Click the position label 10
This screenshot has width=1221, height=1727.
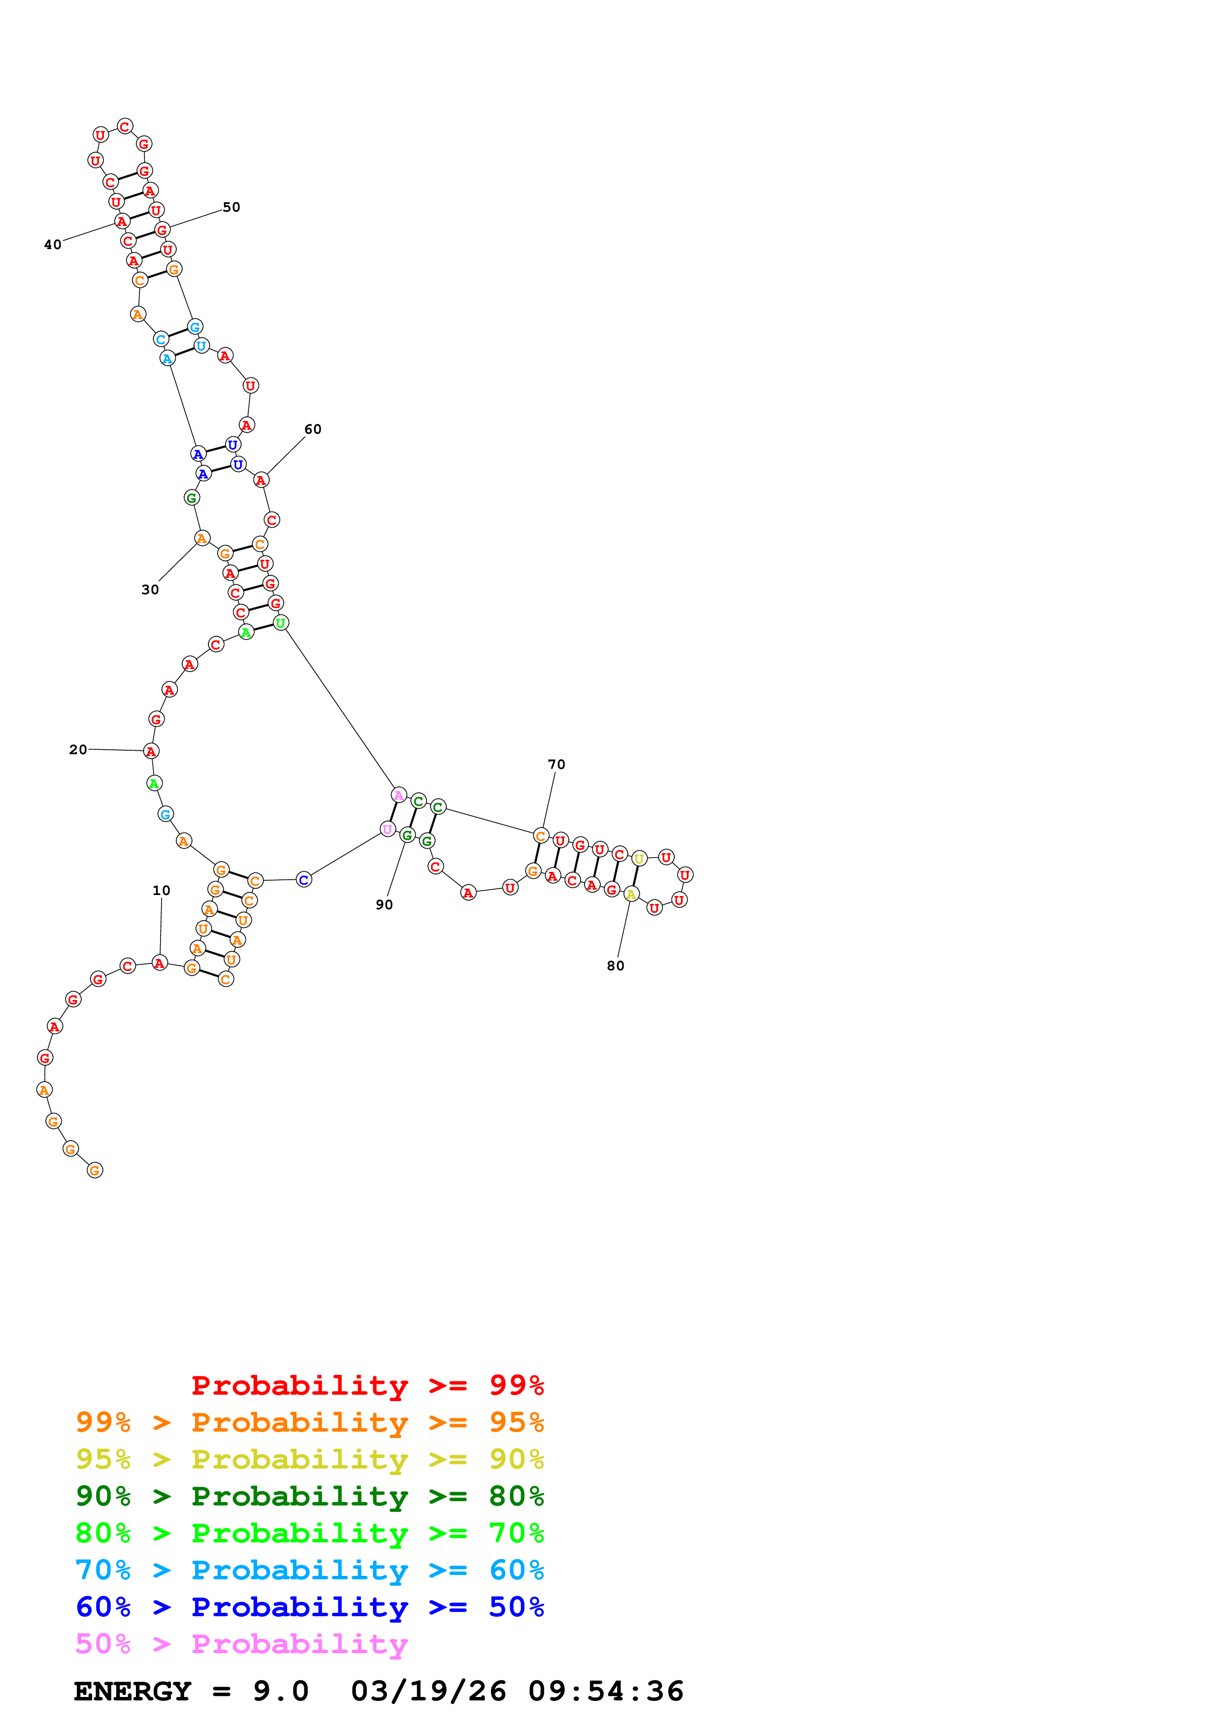pyautogui.click(x=161, y=891)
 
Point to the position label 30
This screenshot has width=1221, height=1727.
pyautogui.click(x=150, y=590)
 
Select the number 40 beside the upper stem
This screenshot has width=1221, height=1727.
pyautogui.click(x=53, y=245)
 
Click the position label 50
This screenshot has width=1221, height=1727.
pyautogui.click(x=231, y=208)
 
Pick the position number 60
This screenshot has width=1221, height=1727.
pyautogui.click(x=313, y=429)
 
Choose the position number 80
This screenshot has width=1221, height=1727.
pyautogui.click(x=615, y=966)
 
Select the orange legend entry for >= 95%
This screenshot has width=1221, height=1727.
pyautogui.click(x=310, y=1422)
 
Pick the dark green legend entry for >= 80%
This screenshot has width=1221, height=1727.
pyautogui.click(x=310, y=1496)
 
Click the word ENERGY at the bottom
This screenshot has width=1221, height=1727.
pyautogui.click(x=132, y=1692)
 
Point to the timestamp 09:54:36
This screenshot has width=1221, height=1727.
pyautogui.click(x=606, y=1692)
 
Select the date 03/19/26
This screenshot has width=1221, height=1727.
pyautogui.click(x=429, y=1692)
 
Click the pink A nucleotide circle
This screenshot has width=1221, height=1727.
pyautogui.click(x=399, y=796)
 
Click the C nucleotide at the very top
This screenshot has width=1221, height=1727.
pyautogui.click(x=125, y=127)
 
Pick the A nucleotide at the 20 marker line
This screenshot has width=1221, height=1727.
pyautogui.click(x=151, y=751)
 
